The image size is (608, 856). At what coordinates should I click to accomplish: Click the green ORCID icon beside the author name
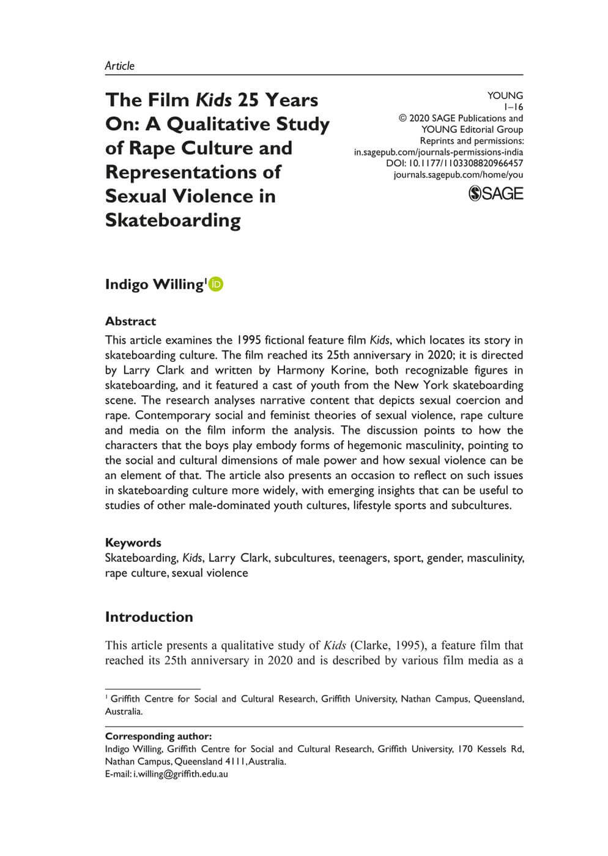[216, 284]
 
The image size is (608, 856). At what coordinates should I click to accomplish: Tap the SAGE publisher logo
[495, 194]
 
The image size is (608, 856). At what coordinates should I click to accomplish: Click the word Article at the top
[119, 66]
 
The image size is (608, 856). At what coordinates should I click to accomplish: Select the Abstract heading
[130, 321]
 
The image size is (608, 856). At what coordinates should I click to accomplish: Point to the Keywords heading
[133, 542]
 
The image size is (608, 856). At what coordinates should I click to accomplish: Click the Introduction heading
[149, 617]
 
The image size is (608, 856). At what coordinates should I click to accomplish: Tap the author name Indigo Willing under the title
[154, 285]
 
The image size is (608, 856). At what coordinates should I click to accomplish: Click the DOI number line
[454, 163]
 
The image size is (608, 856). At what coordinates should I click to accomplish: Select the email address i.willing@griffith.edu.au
[180, 773]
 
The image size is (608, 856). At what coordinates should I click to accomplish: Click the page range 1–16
[513, 107]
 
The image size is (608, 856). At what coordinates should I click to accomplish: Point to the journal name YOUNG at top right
[505, 95]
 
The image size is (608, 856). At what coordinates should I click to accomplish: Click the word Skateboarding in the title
[173, 220]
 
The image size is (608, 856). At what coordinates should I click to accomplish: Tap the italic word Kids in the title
[213, 100]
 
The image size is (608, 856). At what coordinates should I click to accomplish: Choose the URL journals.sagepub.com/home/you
[458, 175]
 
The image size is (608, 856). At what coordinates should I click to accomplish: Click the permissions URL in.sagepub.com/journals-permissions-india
[438, 152]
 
